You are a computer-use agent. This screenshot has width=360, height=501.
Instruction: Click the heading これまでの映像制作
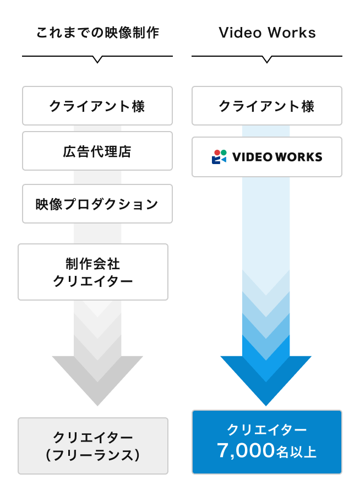[97, 33]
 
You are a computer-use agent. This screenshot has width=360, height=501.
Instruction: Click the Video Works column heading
[267, 33]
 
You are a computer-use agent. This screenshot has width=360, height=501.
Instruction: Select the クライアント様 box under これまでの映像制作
[97, 106]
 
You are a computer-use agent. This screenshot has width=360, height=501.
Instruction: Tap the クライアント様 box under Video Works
[267, 106]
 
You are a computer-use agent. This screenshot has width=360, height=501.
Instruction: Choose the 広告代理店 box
[97, 151]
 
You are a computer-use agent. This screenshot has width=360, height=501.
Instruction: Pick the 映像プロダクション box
[97, 204]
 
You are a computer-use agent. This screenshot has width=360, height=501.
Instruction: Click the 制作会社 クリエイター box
[93, 272]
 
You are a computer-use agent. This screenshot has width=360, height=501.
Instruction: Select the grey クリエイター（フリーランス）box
[93, 446]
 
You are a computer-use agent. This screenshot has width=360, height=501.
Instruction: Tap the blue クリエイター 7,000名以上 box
[267, 442]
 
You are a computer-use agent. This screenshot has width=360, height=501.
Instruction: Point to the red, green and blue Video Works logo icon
[219, 157]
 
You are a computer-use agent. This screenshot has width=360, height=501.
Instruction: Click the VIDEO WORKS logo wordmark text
[277, 157]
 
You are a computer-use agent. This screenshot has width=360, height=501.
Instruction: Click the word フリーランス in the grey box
[93, 455]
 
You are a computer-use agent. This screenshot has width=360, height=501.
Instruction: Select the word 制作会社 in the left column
[93, 264]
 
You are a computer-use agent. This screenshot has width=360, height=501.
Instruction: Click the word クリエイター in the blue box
[267, 429]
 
